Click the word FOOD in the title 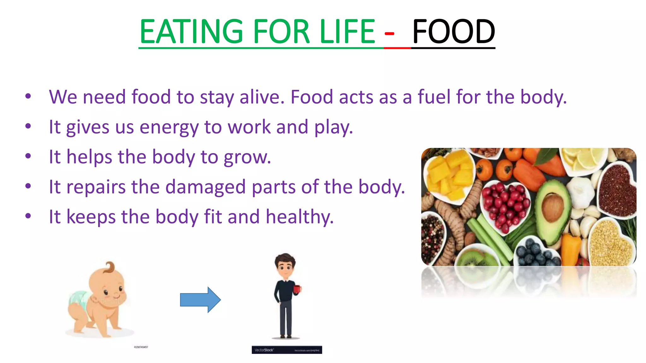(x=453, y=32)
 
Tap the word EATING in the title (x=191, y=32)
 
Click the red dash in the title (x=389, y=34)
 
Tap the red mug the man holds (x=297, y=289)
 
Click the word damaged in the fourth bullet (x=205, y=187)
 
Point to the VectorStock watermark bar (x=287, y=350)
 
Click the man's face (x=285, y=268)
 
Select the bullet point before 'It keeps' (x=28, y=216)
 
